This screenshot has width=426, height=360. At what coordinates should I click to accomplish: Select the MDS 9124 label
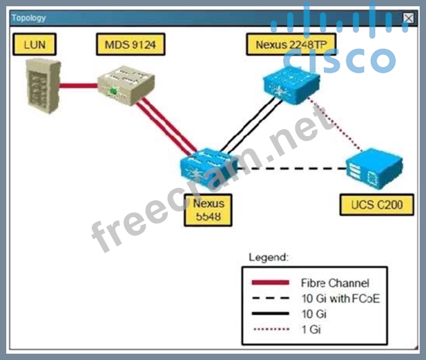130,46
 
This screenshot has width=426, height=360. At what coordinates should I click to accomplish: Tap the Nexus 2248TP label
280,46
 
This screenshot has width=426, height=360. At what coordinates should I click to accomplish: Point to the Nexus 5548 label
209,209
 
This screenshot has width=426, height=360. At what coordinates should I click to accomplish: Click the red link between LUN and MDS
78,86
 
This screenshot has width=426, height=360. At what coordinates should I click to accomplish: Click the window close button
409,18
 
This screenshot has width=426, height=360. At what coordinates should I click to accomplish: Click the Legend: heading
269,258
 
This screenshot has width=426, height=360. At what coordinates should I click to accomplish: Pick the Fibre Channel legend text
335,283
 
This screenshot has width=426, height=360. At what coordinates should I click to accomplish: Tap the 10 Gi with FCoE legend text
340,299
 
